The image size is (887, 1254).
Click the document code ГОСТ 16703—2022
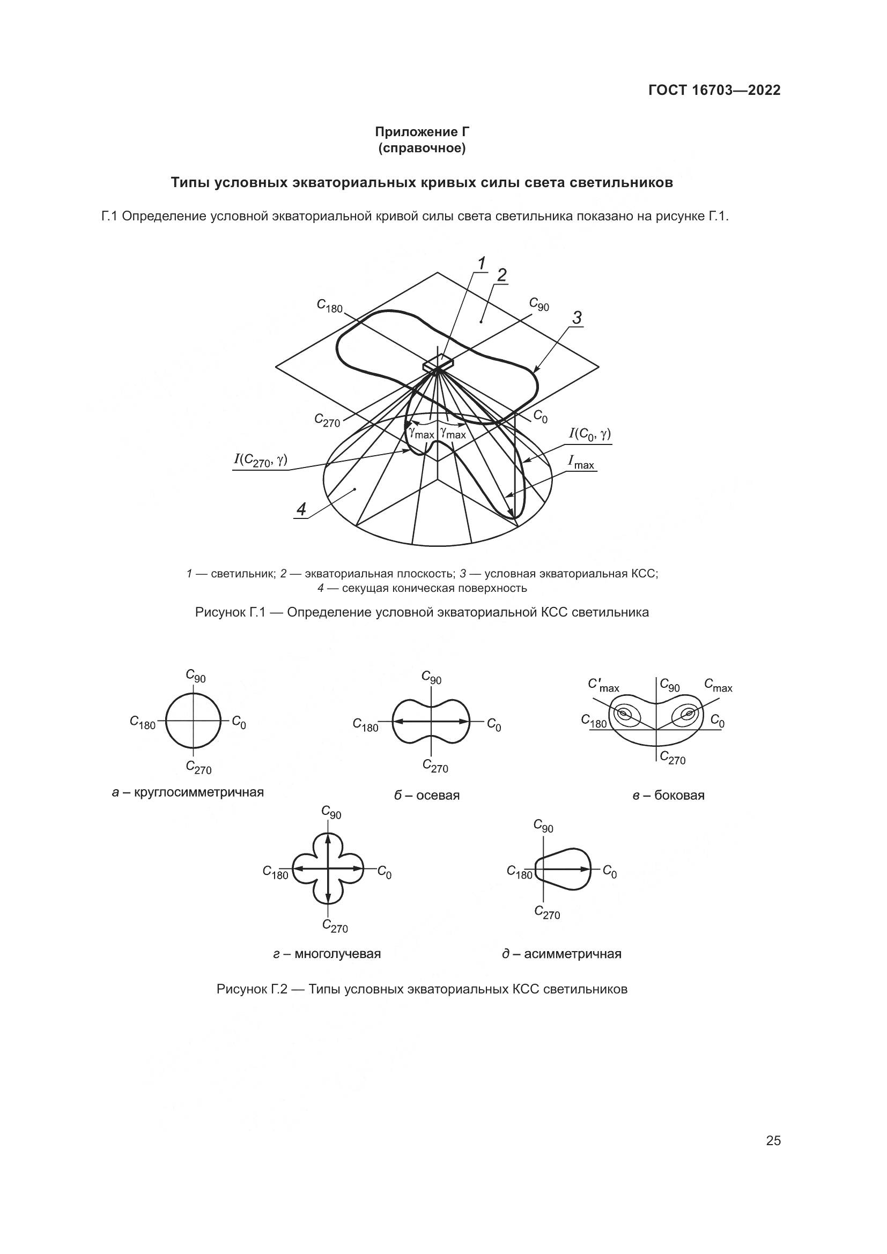tap(714, 90)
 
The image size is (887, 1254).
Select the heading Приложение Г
tap(422, 132)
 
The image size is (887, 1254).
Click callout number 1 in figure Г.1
tap(481, 264)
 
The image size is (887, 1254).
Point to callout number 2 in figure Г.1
tap(501, 275)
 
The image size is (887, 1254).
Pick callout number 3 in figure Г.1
tap(577, 317)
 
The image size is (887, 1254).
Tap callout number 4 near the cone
tap(301, 509)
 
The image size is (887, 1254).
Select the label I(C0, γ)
tap(589, 434)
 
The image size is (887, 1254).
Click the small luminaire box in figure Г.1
tap(439, 362)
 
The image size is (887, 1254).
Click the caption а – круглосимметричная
tap(188, 792)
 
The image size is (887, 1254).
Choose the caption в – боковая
tap(669, 795)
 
